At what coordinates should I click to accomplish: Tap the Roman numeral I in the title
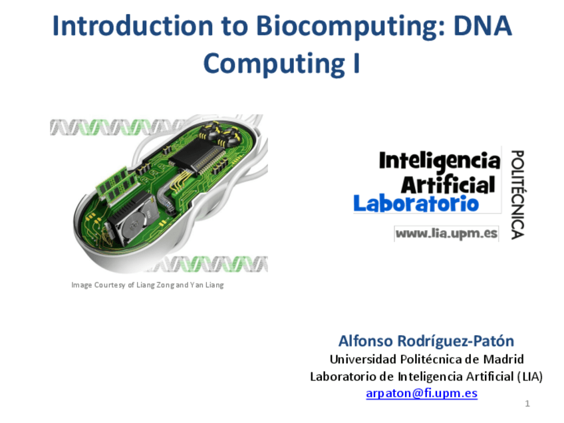pyautogui.click(x=356, y=64)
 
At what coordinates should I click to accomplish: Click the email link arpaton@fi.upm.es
pyautogui.click(x=422, y=393)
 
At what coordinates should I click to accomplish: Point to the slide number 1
pyautogui.click(x=527, y=404)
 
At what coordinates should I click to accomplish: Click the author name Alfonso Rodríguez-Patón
pyautogui.click(x=426, y=341)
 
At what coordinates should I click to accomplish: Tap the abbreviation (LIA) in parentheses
pyautogui.click(x=529, y=376)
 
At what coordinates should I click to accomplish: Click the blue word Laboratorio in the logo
pyautogui.click(x=416, y=203)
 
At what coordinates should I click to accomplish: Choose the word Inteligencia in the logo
pyautogui.click(x=440, y=161)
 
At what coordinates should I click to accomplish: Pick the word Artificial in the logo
pyautogui.click(x=448, y=184)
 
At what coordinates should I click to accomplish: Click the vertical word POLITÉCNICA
pyautogui.click(x=517, y=194)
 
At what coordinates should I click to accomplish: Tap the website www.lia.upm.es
pyautogui.click(x=446, y=233)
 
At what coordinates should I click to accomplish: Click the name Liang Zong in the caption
pyautogui.click(x=155, y=285)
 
